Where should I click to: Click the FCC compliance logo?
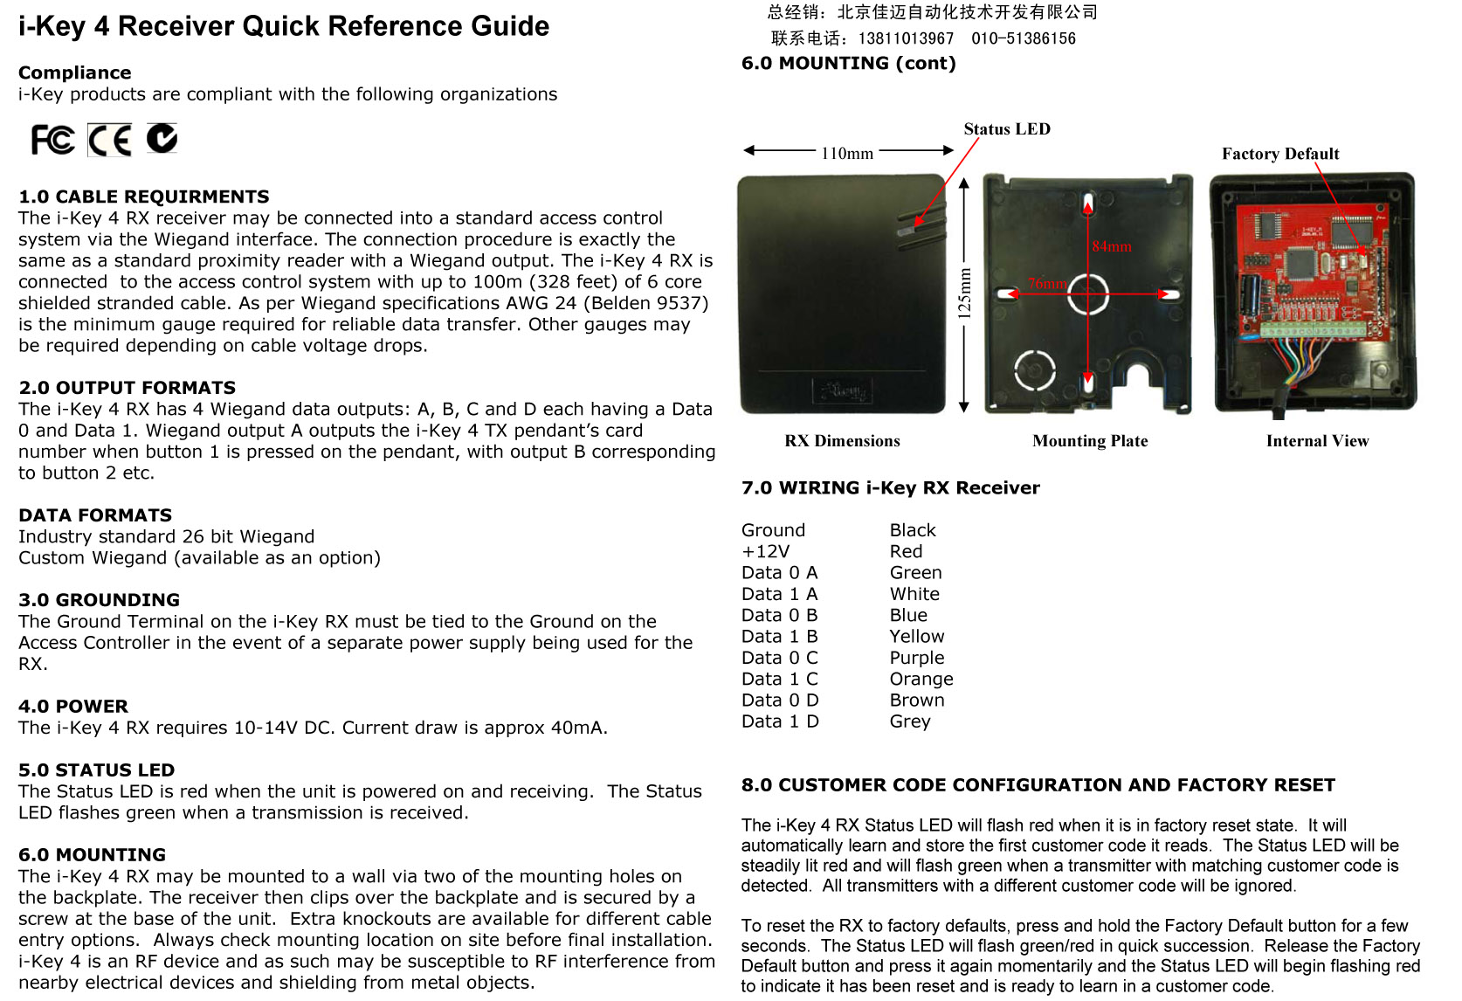click(52, 140)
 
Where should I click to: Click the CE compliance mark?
click(110, 140)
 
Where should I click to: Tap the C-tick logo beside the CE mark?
click(162, 138)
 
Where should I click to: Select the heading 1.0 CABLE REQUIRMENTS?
click(144, 197)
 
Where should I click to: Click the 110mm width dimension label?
click(847, 154)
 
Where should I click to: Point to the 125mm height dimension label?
click(965, 293)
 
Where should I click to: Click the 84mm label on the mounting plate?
click(1112, 246)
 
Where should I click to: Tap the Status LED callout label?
click(1007, 129)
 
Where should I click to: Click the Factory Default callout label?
click(1280, 154)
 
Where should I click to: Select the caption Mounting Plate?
click(1090, 441)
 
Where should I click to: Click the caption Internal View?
click(1317, 441)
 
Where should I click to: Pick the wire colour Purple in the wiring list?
click(917, 658)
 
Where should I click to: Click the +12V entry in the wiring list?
click(765, 551)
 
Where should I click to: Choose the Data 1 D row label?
click(780, 721)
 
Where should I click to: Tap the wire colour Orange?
click(921, 679)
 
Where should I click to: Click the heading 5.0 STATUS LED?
click(97, 770)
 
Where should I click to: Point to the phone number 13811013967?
click(906, 38)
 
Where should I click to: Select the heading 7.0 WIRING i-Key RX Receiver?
click(891, 488)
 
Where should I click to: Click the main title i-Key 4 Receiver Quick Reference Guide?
click(284, 26)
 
